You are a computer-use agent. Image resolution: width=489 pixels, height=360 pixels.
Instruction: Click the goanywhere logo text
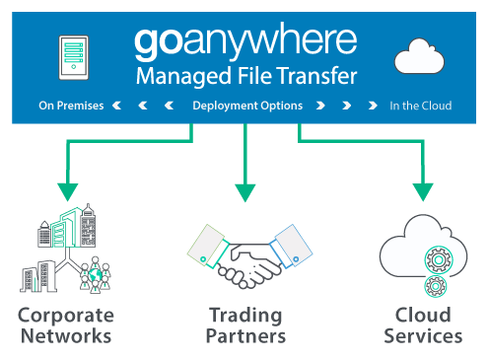click(x=244, y=42)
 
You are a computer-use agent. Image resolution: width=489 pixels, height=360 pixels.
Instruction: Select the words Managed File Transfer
click(x=246, y=76)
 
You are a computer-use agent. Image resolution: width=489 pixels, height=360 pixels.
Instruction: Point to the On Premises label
click(x=71, y=105)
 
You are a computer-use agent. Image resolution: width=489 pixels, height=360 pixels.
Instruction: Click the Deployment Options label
click(x=246, y=105)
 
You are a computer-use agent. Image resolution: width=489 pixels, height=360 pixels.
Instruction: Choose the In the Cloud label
click(x=420, y=105)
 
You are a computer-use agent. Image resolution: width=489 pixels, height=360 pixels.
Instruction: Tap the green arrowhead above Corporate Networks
click(x=66, y=188)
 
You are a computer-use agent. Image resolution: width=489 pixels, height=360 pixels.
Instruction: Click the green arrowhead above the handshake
click(x=244, y=187)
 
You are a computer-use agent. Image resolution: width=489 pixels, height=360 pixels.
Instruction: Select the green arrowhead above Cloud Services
click(x=423, y=188)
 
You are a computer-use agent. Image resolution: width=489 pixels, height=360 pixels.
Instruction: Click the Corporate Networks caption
click(x=66, y=325)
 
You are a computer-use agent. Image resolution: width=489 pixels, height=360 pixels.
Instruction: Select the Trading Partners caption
click(x=246, y=325)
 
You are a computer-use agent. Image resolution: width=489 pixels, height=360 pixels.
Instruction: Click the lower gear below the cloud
click(x=434, y=288)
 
